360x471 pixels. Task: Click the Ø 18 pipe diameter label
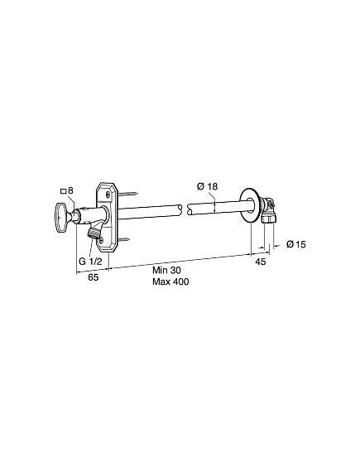207,186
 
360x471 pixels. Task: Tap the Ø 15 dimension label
295,244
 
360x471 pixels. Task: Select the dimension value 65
93,277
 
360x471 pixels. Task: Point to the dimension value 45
261,262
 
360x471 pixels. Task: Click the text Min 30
166,270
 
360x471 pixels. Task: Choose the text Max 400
170,281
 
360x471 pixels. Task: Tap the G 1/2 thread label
90,261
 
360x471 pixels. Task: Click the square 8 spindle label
67,190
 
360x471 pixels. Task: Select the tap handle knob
62,218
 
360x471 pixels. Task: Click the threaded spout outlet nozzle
94,233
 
